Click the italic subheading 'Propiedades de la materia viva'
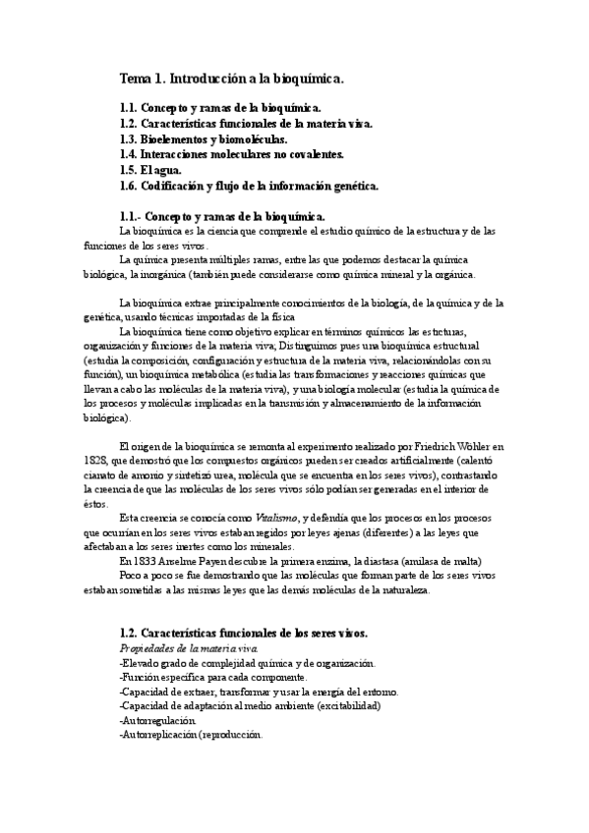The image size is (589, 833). tap(189, 650)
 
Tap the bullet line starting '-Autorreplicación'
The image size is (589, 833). tap(190, 734)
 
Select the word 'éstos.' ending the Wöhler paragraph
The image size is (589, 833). tap(126, 502)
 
